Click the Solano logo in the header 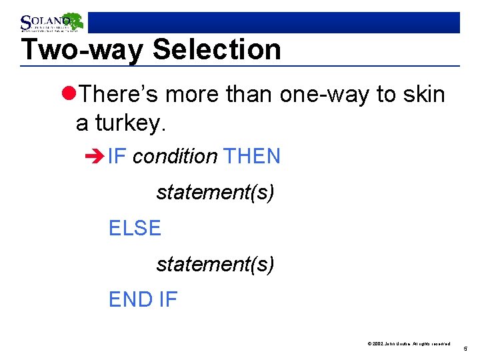[51, 23]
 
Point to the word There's [118, 95]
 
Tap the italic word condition [175, 157]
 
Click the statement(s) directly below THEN [215, 193]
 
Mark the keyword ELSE [135, 229]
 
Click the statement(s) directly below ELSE [215, 265]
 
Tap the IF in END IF [168, 300]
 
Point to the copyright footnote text [409, 343]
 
